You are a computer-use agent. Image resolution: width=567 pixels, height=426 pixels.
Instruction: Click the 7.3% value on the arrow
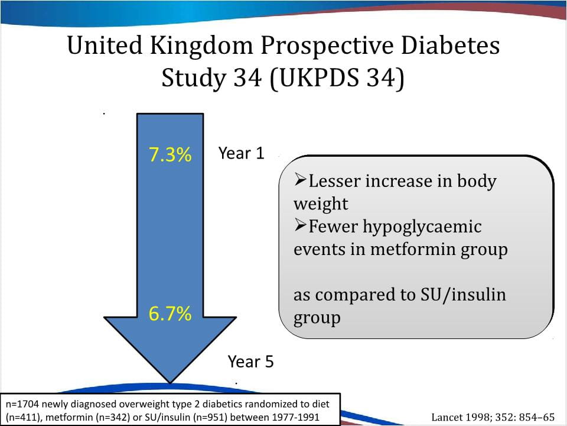(x=170, y=155)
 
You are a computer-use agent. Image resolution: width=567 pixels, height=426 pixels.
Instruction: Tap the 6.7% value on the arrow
(x=170, y=314)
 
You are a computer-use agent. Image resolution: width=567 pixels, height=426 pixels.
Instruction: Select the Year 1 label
(x=241, y=153)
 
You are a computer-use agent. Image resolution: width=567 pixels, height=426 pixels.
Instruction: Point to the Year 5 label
(x=251, y=362)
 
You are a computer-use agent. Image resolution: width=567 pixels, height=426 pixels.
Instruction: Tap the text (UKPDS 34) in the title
(x=337, y=79)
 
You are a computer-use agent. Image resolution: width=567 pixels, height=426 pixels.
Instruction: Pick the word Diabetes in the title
(x=452, y=46)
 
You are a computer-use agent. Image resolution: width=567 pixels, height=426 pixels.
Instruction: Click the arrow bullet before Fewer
(x=300, y=225)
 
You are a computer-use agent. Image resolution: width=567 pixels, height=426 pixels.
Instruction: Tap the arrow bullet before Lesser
(x=300, y=180)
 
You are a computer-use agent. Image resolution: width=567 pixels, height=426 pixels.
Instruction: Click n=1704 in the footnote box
(x=22, y=404)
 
